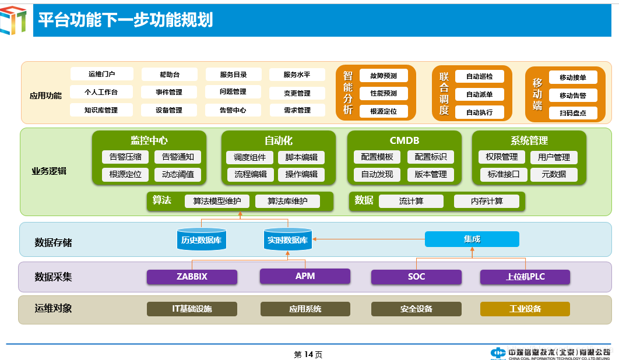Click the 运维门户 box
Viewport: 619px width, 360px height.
(102, 75)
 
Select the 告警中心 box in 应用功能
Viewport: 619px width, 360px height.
(233, 110)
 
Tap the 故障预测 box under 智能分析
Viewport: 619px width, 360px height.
(383, 76)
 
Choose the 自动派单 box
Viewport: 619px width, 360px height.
(479, 94)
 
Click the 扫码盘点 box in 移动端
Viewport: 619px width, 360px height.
(572, 113)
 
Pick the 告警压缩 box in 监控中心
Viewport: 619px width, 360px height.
(125, 157)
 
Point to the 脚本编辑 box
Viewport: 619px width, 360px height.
(301, 157)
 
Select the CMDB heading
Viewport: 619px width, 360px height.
(404, 140)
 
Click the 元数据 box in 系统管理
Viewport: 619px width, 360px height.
(554, 174)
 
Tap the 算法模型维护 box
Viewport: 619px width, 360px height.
(217, 201)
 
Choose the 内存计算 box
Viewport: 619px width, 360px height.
(486, 201)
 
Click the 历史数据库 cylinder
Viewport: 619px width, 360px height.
(201, 239)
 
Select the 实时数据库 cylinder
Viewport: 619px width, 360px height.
(287, 239)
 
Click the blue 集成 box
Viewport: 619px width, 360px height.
(472, 239)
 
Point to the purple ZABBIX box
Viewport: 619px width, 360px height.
(192, 277)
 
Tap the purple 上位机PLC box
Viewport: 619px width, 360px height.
(525, 277)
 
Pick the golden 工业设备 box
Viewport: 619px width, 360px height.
(525, 309)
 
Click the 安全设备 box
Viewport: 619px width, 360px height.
(416, 309)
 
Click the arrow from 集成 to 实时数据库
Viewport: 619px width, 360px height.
(367, 238)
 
